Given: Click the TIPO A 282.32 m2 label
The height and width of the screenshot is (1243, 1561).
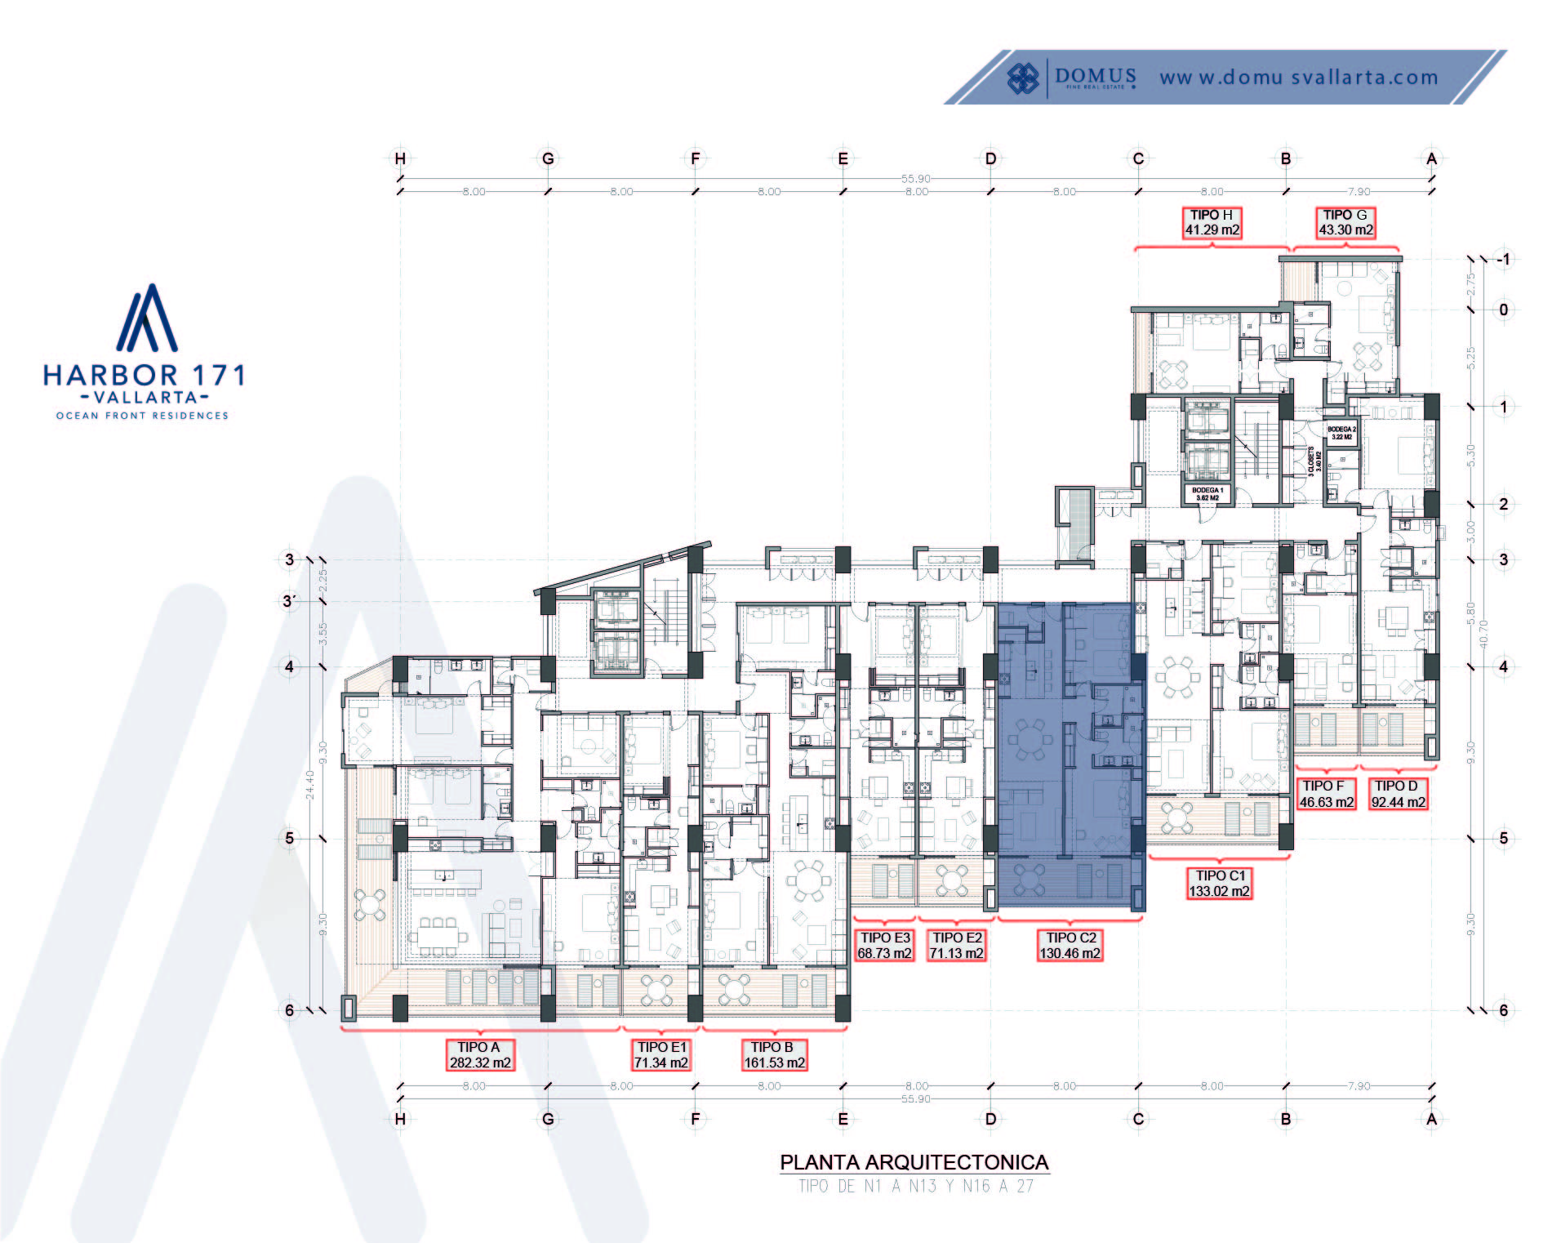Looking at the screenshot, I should (x=480, y=1054).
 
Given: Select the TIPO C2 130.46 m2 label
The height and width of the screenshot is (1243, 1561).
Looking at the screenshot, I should (x=1070, y=946).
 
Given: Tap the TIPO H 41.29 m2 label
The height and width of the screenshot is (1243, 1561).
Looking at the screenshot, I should (x=1212, y=222).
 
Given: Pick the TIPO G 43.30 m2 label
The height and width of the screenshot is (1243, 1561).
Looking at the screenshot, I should (x=1345, y=222).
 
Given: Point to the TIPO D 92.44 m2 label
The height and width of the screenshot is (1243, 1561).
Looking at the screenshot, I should (x=1398, y=794).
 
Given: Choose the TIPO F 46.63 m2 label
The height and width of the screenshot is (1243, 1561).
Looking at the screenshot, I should (x=1326, y=794).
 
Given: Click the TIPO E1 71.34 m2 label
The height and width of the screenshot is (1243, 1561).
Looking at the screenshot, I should (x=661, y=1054).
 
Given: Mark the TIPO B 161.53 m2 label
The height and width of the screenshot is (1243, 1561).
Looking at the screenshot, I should (x=774, y=1054).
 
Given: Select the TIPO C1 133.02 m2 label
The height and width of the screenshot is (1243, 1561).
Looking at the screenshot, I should (x=1219, y=883).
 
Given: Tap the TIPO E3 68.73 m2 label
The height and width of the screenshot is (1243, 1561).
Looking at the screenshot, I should (x=884, y=946).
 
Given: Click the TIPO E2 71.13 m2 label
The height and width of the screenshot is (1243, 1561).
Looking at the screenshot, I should (x=956, y=946).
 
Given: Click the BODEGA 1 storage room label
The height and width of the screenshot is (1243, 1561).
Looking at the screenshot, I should (x=1207, y=494).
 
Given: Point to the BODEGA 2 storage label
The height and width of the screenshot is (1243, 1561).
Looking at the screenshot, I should (x=1341, y=433).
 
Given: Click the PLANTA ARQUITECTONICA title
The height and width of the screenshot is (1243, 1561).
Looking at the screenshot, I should (x=914, y=1162).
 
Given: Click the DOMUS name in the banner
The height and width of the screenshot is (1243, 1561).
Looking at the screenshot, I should (x=1095, y=77).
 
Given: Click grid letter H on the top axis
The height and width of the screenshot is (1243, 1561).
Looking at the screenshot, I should (x=400, y=158).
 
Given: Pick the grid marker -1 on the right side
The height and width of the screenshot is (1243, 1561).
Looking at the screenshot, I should (x=1503, y=260).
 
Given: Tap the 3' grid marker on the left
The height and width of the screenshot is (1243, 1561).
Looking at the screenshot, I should (x=288, y=602).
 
